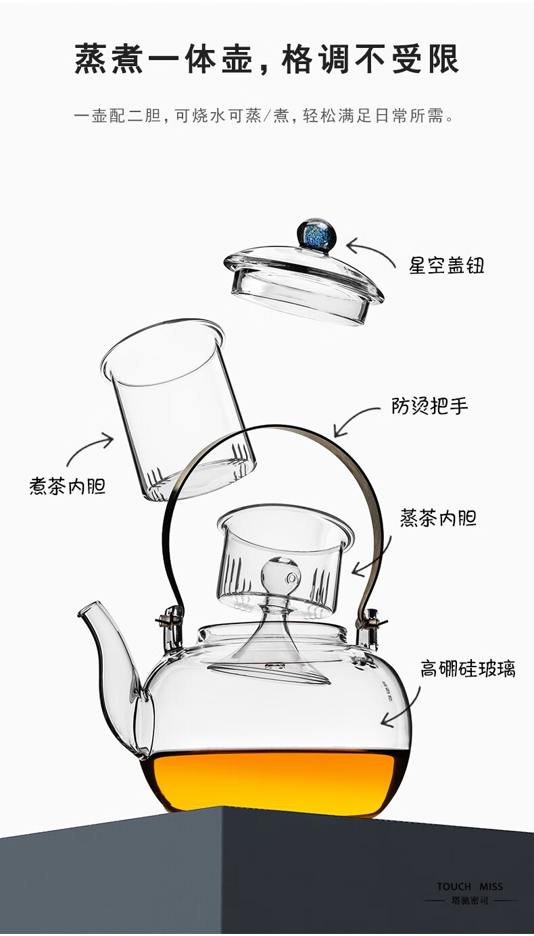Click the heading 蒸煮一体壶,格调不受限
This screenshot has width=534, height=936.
pyautogui.click(x=266, y=59)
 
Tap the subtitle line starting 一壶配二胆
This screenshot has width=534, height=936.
pyautogui.click(x=262, y=116)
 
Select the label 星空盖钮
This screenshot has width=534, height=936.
pyautogui.click(x=446, y=265)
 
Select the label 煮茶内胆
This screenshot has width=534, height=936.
pyautogui.click(x=68, y=486)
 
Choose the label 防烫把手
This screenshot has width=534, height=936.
pyautogui.click(x=430, y=406)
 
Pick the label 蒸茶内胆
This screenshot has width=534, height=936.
pyautogui.click(x=438, y=518)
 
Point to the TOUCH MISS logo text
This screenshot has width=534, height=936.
pyautogui.click(x=470, y=886)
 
